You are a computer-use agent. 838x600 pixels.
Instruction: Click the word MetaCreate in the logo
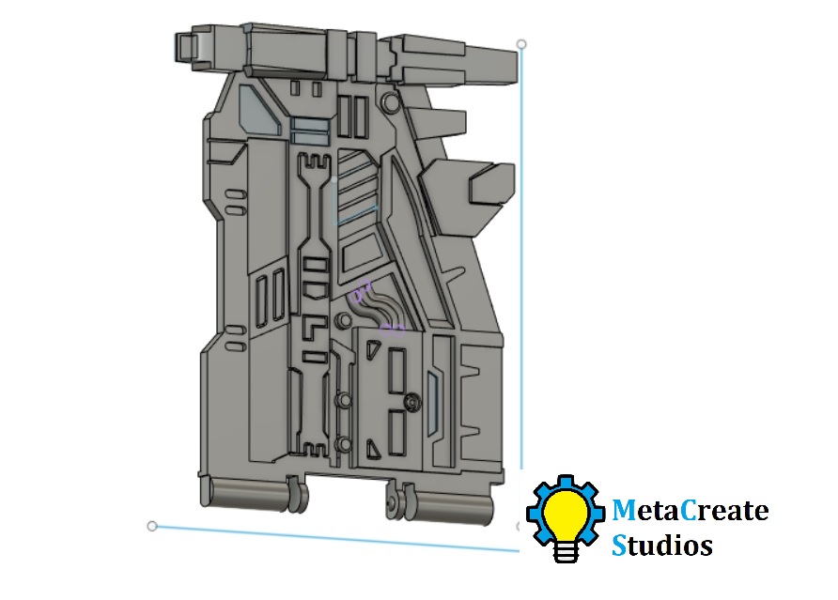pyautogui.click(x=690, y=510)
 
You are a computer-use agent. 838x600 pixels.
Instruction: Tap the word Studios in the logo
pyautogui.click(x=662, y=546)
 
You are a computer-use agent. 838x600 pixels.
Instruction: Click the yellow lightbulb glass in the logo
pyautogui.click(x=566, y=514)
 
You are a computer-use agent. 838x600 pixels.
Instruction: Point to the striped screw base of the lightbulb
pyautogui.click(x=566, y=550)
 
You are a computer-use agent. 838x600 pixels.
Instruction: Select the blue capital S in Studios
pyautogui.click(x=619, y=546)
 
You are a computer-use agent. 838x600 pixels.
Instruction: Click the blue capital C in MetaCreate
pyautogui.click(x=690, y=510)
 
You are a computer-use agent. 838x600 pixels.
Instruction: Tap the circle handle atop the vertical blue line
pyautogui.click(x=521, y=44)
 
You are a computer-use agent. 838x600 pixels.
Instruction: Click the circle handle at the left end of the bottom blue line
pyautogui.click(x=152, y=526)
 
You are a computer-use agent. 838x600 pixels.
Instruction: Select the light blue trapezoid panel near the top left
pyautogui.click(x=258, y=111)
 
